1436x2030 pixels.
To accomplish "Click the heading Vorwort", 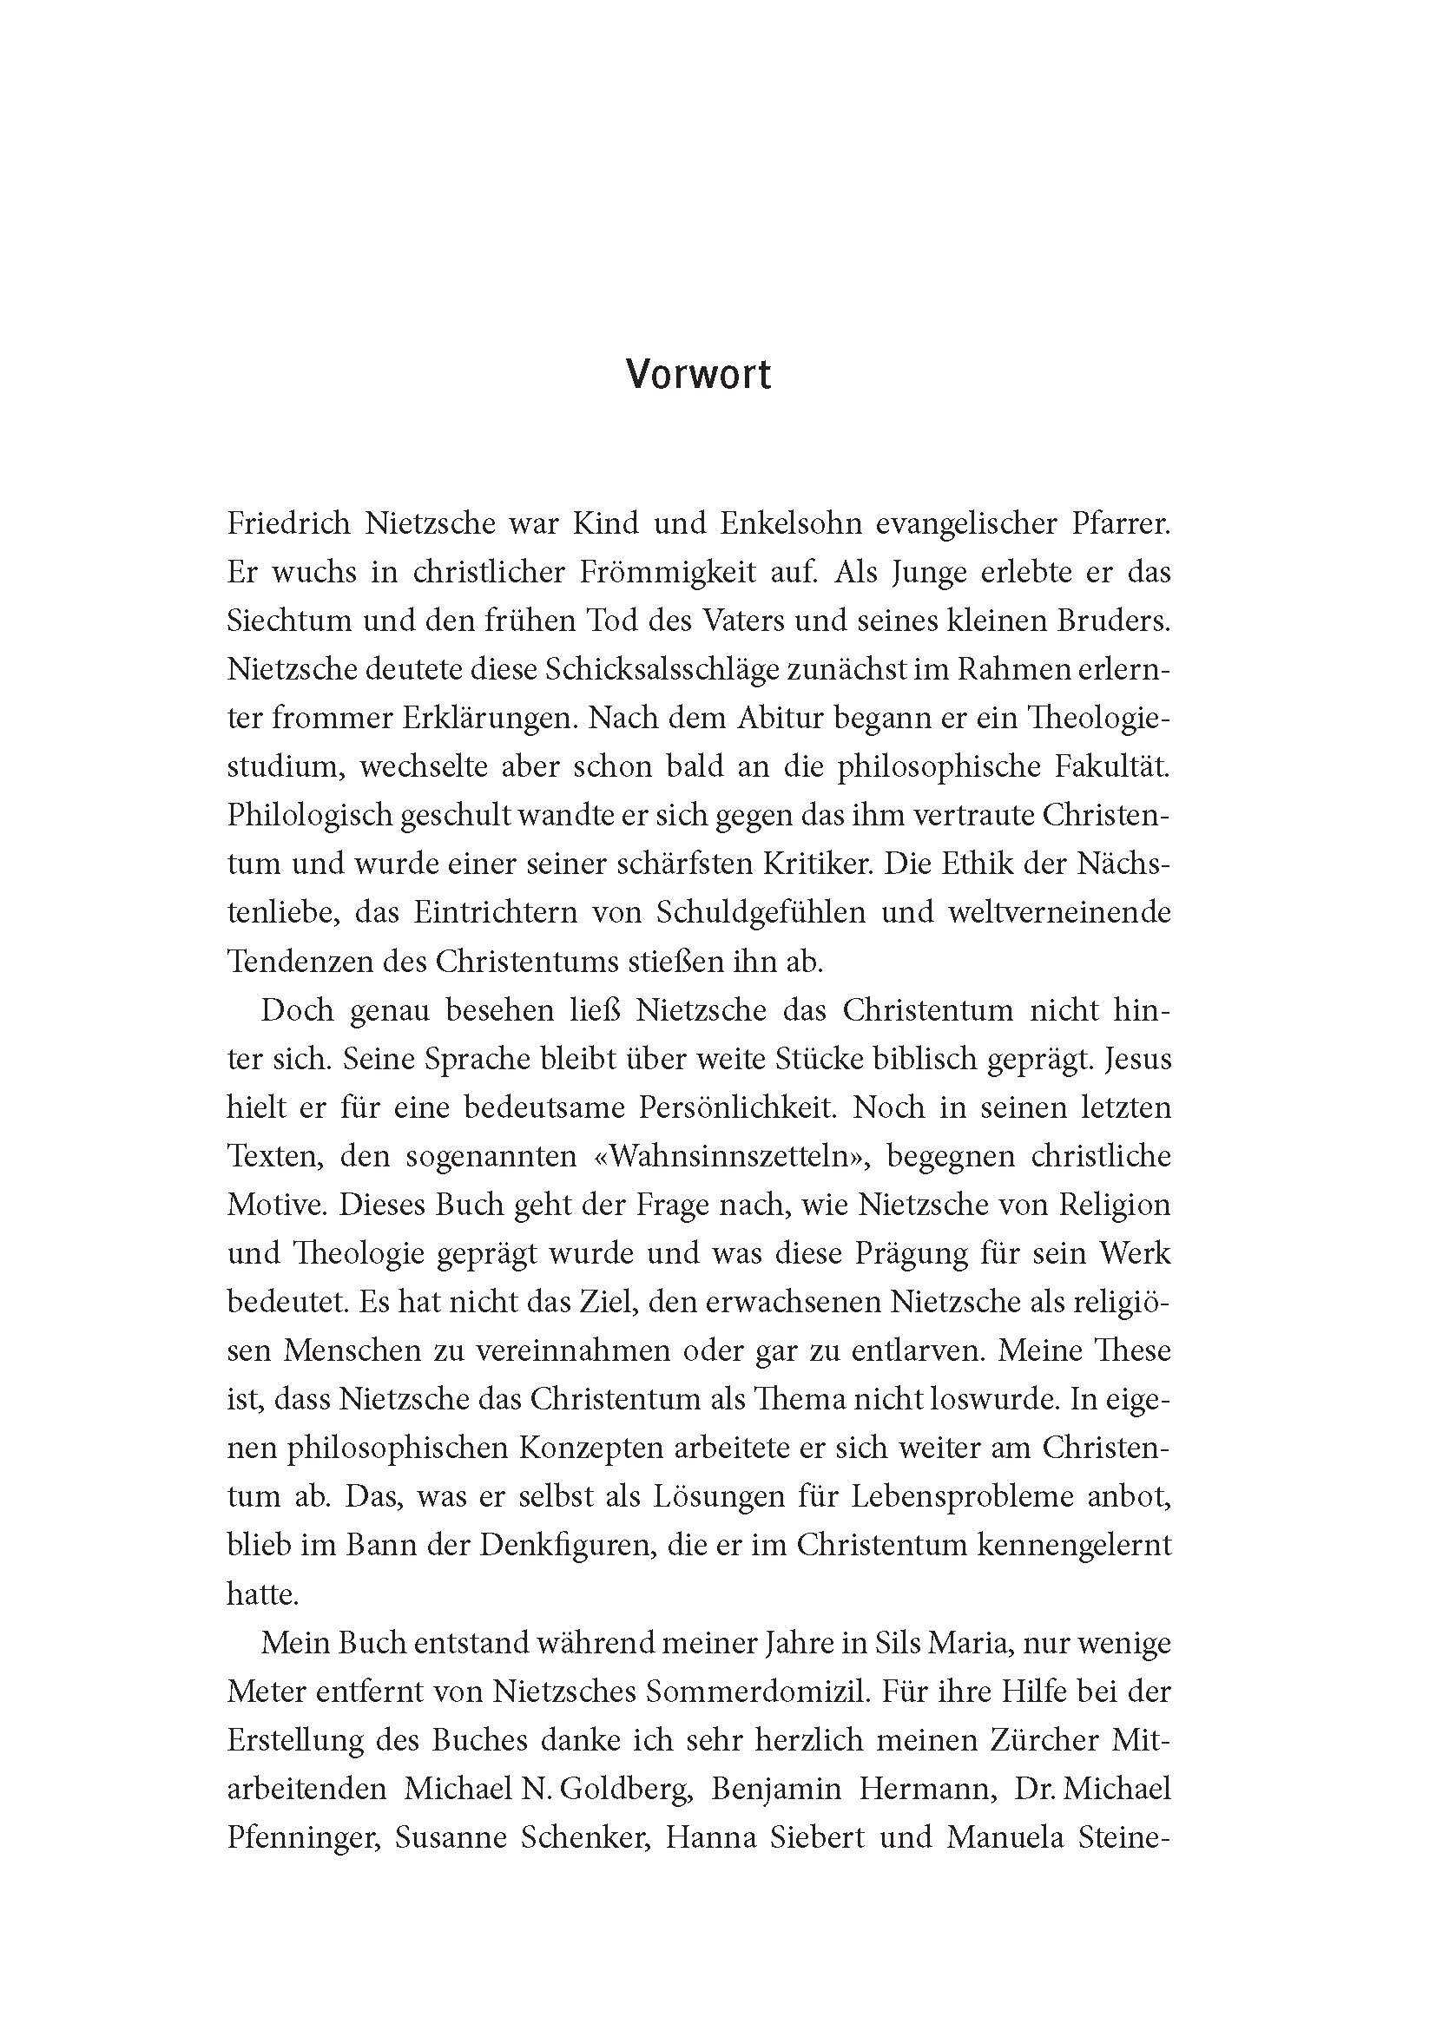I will [698, 375].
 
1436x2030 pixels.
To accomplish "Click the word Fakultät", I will [1110, 767].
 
